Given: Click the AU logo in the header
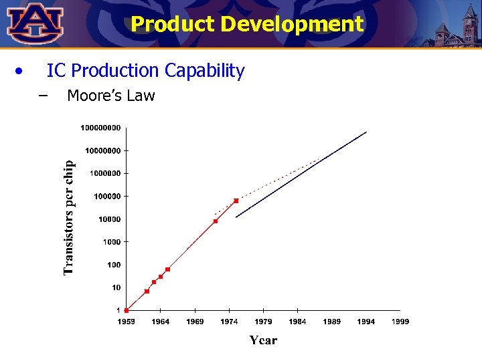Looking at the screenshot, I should (x=35, y=23).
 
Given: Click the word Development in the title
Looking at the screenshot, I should (x=292, y=24).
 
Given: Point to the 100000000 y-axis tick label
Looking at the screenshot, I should (x=100, y=127).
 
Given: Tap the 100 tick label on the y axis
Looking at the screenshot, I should (x=114, y=265).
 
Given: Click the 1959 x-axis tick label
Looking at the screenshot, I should (x=127, y=322).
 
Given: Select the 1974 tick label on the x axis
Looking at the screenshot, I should (x=229, y=322).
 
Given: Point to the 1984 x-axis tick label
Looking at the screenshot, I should (x=297, y=322).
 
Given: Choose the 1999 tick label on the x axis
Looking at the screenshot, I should (x=400, y=322).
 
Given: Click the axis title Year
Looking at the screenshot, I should (x=263, y=340).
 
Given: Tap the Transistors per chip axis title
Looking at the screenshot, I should (x=69, y=216).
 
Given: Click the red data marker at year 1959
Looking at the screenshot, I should (x=127, y=310).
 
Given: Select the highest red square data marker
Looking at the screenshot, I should (x=236, y=201).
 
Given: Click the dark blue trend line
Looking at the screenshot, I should (x=301, y=174).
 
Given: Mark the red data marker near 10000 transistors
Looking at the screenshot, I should (x=216, y=221).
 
